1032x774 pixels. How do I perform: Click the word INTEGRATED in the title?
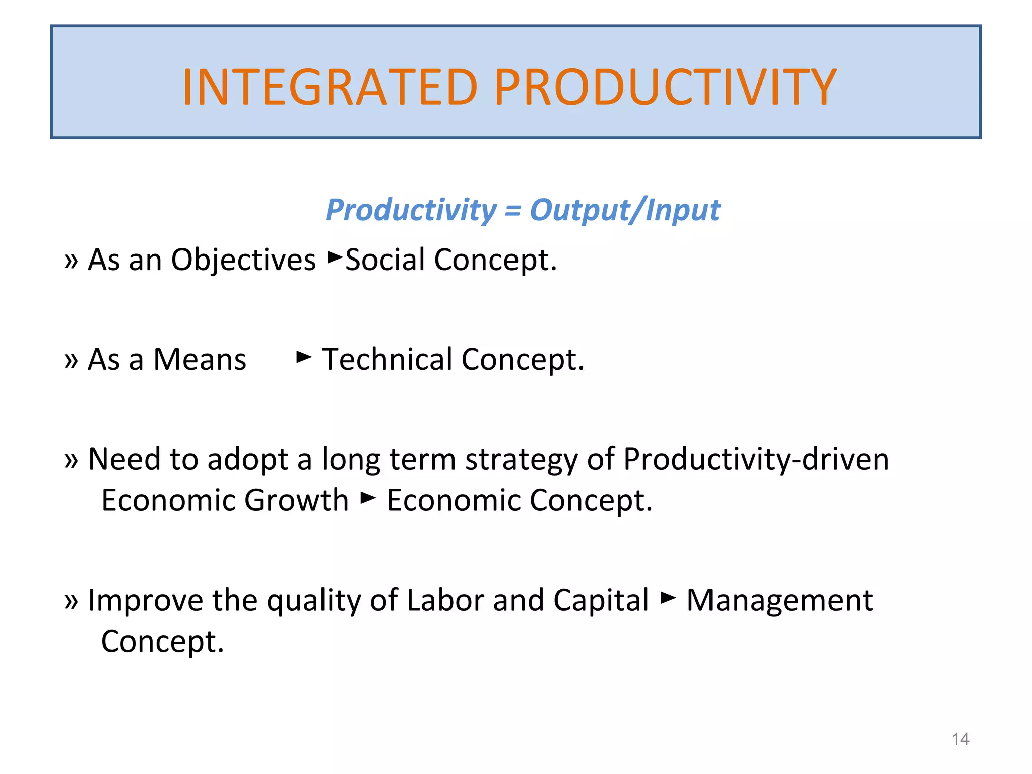click(x=330, y=88)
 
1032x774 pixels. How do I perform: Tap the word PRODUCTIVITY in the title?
click(x=665, y=88)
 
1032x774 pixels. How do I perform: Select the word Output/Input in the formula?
click(x=625, y=210)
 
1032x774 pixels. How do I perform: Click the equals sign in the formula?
click(x=512, y=211)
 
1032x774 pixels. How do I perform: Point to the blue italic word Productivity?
click(x=411, y=210)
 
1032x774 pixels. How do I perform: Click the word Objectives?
click(x=243, y=260)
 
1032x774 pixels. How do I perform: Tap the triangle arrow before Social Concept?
click(x=335, y=257)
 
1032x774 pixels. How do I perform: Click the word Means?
click(x=200, y=360)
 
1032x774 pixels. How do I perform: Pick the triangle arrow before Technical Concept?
click(x=304, y=357)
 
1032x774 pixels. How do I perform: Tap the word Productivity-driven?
click(x=756, y=460)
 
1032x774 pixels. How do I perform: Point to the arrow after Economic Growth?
click(x=368, y=498)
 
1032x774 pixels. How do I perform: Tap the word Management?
click(x=780, y=601)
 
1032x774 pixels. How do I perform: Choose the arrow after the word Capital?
click(x=668, y=598)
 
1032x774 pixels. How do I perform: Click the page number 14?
click(x=960, y=739)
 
